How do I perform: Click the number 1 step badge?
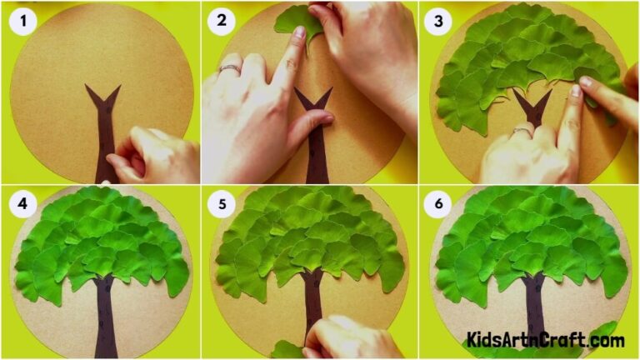23,21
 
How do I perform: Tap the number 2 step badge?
222,21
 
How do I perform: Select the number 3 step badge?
437,21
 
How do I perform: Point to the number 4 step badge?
23,204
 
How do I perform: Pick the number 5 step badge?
222,204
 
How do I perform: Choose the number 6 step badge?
437,204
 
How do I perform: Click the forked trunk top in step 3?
531,107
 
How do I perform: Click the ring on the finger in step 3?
521,131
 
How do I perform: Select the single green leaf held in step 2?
298,21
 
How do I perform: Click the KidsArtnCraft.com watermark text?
546,340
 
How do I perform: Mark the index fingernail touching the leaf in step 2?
298,33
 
